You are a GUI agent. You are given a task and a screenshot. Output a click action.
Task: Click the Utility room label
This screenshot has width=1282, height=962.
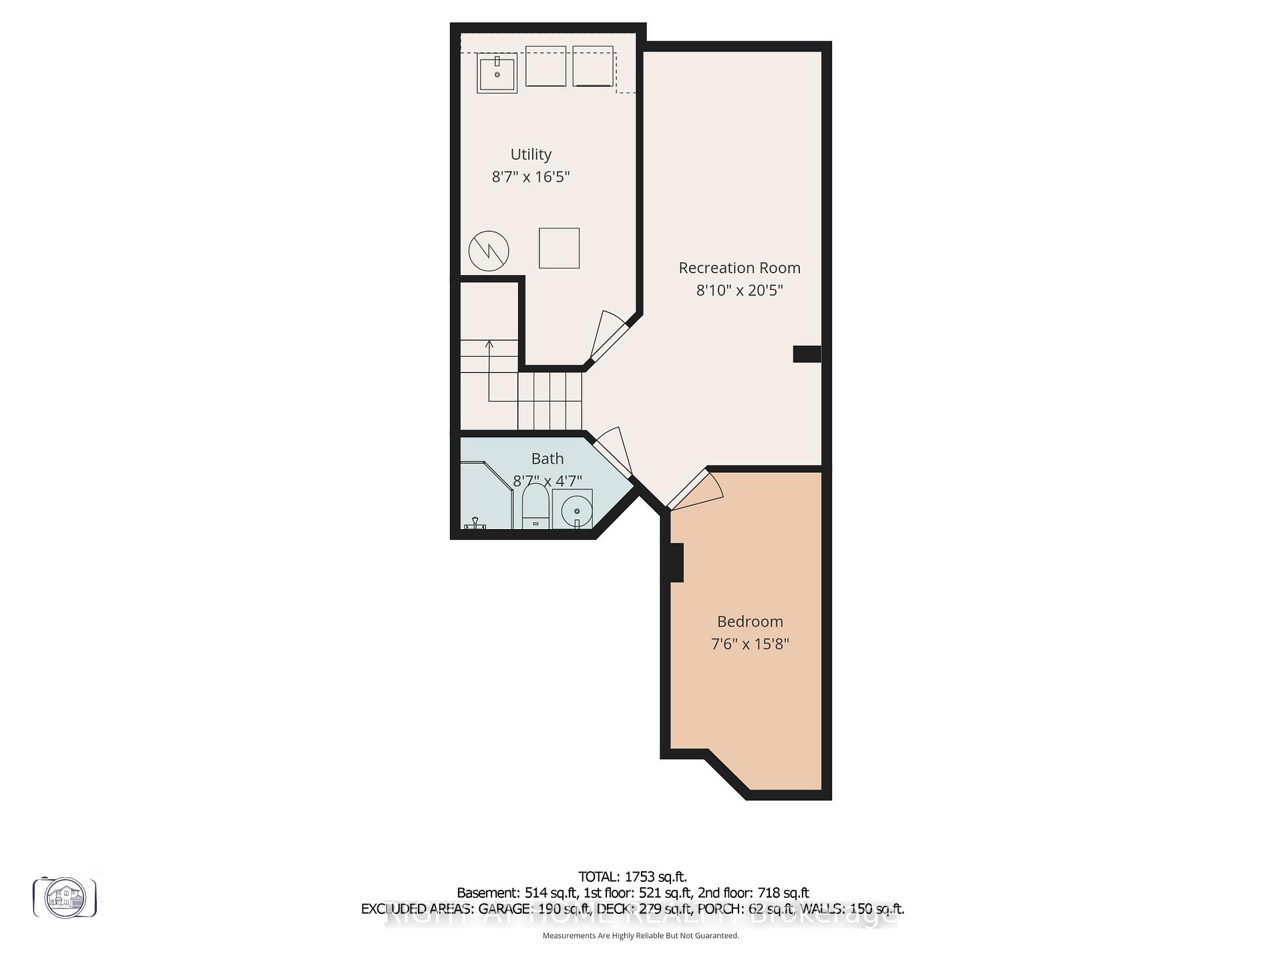531,154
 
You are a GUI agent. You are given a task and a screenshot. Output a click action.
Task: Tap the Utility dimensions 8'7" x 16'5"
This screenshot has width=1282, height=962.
531,177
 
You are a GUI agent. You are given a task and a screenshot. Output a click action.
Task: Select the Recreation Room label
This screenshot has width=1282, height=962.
739,268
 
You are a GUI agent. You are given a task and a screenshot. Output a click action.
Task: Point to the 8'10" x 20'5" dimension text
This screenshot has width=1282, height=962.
739,291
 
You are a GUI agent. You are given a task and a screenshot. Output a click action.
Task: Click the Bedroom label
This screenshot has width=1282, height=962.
750,622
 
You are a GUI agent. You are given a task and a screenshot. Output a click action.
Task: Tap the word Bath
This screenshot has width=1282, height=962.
548,459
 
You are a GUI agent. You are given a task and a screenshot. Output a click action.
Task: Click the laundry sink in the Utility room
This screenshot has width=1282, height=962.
497,73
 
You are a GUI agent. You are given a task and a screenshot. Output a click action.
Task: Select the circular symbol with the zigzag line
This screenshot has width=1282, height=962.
489,251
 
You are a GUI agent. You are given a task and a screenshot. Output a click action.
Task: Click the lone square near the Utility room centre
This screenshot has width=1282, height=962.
559,248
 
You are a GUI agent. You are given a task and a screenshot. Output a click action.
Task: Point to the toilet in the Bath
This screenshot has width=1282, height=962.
535,508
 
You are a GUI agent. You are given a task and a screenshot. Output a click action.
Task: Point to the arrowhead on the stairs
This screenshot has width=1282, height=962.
489,345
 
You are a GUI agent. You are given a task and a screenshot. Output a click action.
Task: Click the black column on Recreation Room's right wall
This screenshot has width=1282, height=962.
807,354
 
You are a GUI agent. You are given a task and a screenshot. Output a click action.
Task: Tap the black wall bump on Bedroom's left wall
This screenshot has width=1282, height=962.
676,563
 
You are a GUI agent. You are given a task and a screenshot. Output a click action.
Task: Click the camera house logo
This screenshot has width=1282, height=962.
65,897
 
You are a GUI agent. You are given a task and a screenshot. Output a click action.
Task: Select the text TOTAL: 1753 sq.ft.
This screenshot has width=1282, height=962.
632,877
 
